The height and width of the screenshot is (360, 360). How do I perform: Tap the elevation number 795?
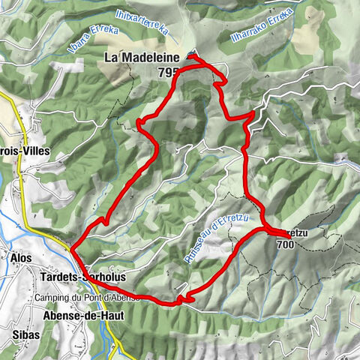[169, 72]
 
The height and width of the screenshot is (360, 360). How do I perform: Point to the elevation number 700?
[285, 244]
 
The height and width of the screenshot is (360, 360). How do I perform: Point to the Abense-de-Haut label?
[79, 315]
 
